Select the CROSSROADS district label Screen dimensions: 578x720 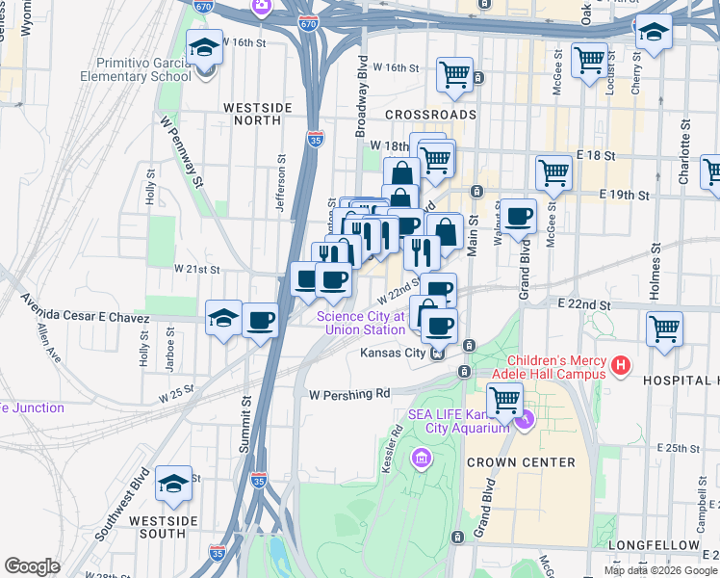[x=430, y=114]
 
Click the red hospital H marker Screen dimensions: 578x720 [x=621, y=365]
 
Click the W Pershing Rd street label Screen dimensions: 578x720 [x=349, y=394]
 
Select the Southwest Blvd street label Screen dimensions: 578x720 [x=119, y=508]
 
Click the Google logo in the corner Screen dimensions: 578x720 [x=32, y=566]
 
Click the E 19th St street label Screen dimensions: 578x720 [x=624, y=194]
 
